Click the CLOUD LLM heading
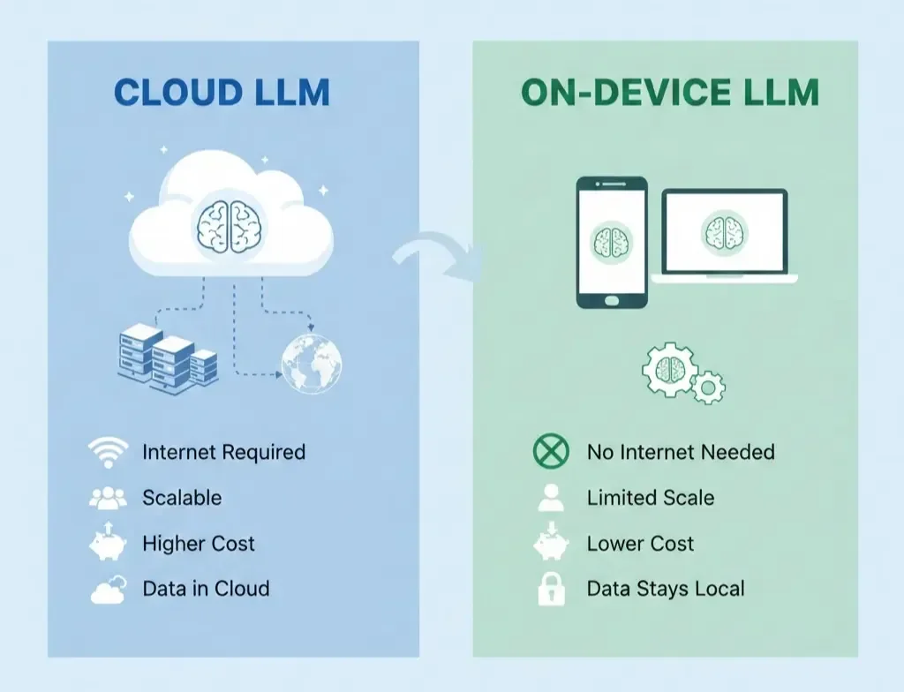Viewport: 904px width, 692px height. (x=222, y=93)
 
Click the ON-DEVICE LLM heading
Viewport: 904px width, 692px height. (x=669, y=93)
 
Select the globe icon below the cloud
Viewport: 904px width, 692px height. (x=311, y=364)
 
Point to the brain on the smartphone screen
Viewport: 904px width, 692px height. (x=612, y=240)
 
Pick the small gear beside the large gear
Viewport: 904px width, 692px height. (x=709, y=387)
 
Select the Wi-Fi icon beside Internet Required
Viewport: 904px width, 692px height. (x=109, y=453)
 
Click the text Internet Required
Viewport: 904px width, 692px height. (x=223, y=453)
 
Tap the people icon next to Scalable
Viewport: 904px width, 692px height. (x=109, y=498)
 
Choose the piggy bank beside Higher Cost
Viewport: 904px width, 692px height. (x=109, y=544)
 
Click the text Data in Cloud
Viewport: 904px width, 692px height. (x=206, y=589)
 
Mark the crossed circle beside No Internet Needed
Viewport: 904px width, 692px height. (x=553, y=453)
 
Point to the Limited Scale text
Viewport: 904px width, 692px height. (x=651, y=498)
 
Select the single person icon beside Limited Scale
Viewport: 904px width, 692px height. (x=552, y=499)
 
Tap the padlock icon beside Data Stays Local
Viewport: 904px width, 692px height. (x=552, y=589)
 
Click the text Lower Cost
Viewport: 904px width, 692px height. (x=640, y=544)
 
